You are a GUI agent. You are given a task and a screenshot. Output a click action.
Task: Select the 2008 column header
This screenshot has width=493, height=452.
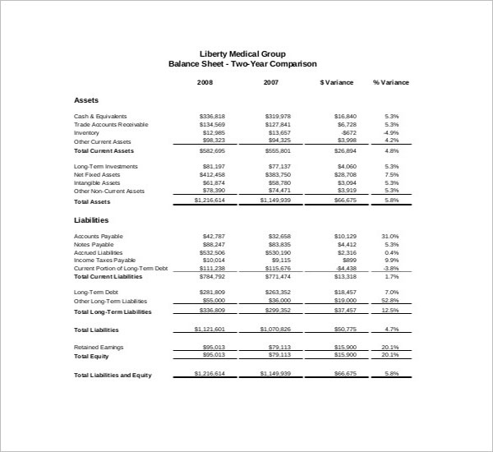click(205, 82)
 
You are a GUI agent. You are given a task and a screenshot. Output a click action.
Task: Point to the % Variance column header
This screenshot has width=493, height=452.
click(390, 82)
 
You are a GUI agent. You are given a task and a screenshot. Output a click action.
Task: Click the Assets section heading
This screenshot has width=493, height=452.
click(86, 100)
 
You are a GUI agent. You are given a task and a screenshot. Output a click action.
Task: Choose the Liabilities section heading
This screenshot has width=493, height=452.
click(91, 220)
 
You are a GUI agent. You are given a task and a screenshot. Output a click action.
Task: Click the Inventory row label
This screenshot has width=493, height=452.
click(86, 132)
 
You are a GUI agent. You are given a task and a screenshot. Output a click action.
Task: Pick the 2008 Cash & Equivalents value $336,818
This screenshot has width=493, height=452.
click(212, 117)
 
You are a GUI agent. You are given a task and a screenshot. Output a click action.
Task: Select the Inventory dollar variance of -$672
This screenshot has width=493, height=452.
click(348, 132)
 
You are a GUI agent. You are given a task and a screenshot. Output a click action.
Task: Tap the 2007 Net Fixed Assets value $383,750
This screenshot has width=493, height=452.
click(277, 174)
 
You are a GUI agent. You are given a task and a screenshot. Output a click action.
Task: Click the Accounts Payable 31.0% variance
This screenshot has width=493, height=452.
click(390, 237)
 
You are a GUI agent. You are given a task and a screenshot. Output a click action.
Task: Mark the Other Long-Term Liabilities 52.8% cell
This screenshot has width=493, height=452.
click(390, 302)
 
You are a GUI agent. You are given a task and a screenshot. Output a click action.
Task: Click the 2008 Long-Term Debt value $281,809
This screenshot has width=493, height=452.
click(212, 293)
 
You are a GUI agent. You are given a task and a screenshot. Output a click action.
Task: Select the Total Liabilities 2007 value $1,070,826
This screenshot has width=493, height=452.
click(274, 329)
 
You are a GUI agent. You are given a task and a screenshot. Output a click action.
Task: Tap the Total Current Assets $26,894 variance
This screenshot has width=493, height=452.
click(345, 151)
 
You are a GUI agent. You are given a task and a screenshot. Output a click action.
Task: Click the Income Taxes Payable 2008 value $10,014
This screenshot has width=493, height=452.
click(214, 261)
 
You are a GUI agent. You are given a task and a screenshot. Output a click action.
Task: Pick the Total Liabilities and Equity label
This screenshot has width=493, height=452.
click(124, 375)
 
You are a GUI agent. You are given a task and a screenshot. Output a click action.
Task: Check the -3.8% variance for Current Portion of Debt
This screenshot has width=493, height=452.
click(391, 269)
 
